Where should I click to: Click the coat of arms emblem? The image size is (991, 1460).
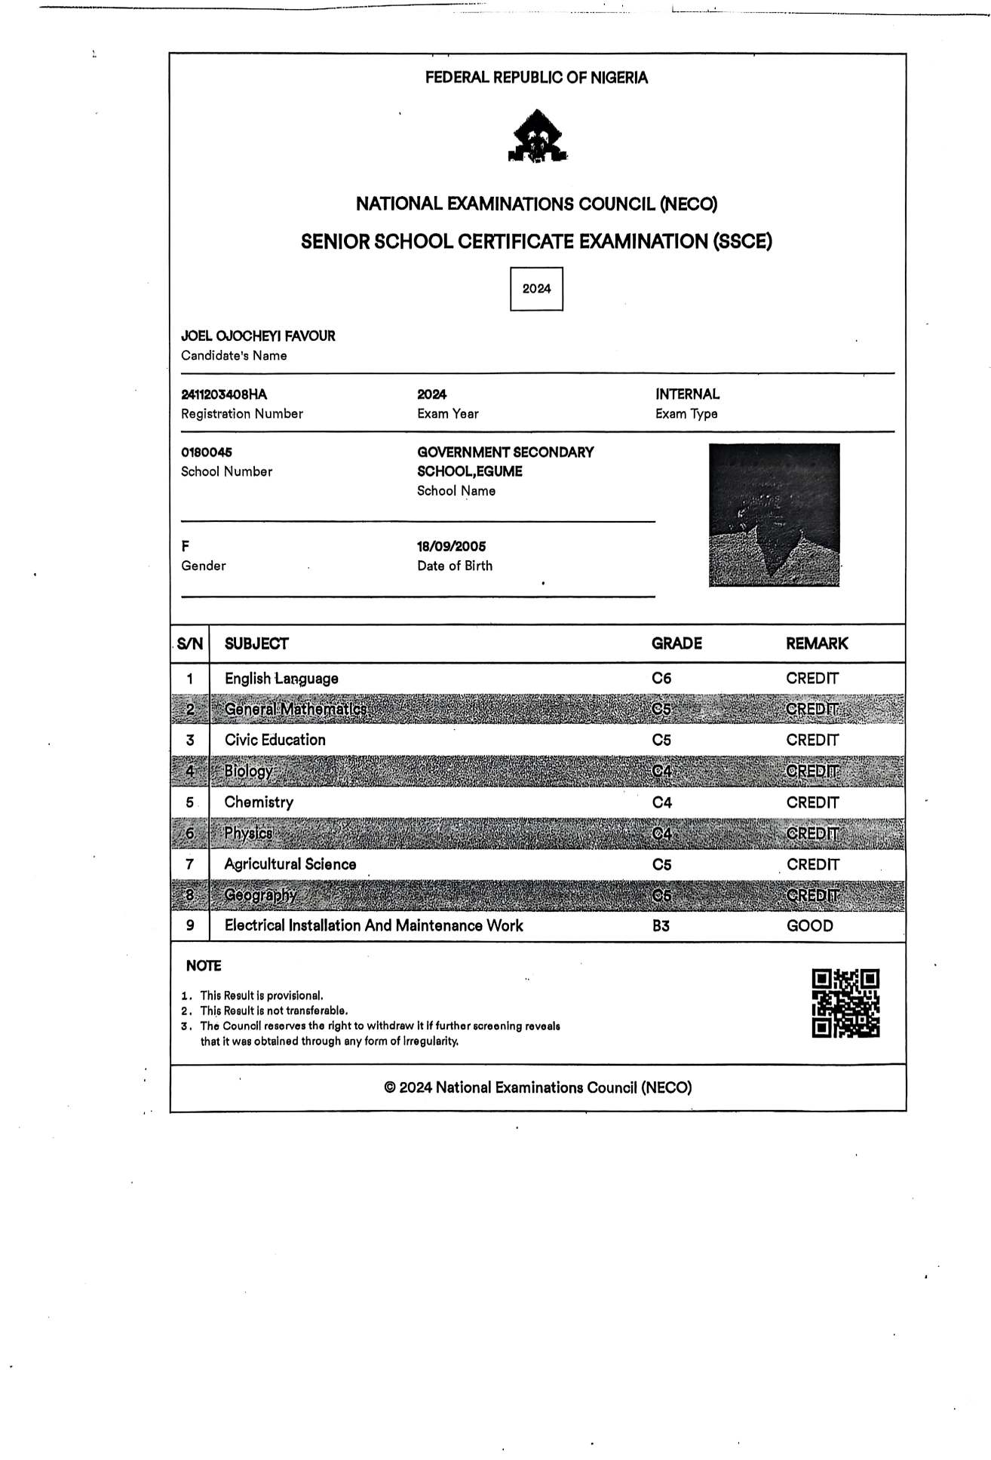[537, 136]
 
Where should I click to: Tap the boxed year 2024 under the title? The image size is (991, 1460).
[536, 289]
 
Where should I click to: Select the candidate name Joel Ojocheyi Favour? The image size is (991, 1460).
[258, 336]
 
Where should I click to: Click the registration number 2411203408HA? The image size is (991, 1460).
[224, 394]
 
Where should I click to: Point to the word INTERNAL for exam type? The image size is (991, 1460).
[687, 394]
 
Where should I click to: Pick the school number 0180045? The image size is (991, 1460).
[207, 452]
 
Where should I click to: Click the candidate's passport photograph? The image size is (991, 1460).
[774, 515]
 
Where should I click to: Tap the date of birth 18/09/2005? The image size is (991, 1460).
[452, 547]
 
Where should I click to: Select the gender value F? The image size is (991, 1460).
[186, 547]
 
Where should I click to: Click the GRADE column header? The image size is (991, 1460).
[677, 644]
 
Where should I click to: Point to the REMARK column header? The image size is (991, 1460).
[817, 644]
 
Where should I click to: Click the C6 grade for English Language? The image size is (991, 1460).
[661, 679]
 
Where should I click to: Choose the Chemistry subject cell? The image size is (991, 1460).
[259, 802]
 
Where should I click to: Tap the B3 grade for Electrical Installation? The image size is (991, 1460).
[661, 926]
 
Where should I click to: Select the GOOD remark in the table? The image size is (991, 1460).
[809, 926]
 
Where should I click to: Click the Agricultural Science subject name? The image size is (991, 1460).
[290, 864]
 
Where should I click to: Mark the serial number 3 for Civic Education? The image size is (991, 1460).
[190, 741]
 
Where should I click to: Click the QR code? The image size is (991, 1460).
[845, 1003]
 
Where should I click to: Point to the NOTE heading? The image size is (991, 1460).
[204, 966]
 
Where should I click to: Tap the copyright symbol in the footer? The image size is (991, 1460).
[390, 1087]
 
